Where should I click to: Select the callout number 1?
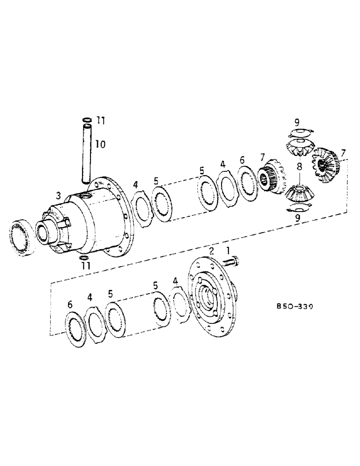228,251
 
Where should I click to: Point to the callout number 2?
211,252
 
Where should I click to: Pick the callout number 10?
100,145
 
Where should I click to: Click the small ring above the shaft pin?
87,121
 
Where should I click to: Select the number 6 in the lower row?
70,305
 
